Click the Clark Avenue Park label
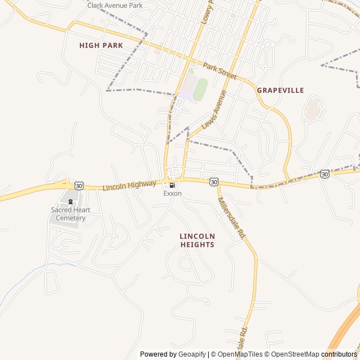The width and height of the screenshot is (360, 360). click(x=115, y=5)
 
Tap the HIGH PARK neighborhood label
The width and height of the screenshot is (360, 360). click(x=101, y=45)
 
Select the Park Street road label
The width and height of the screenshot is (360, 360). click(x=220, y=71)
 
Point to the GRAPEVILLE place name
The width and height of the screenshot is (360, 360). click(x=280, y=90)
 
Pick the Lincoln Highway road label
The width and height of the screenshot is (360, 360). click(x=129, y=185)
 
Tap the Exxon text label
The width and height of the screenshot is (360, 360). click(x=172, y=193)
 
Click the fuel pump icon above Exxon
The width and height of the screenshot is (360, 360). click(x=172, y=185)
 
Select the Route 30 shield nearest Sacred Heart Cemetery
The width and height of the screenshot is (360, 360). click(x=79, y=186)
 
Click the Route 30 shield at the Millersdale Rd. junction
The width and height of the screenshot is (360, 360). click(x=214, y=182)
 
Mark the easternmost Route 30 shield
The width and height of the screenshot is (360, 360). click(x=325, y=174)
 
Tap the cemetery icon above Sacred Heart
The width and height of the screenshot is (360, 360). click(x=70, y=201)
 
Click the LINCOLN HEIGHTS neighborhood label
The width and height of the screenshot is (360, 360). click(x=197, y=240)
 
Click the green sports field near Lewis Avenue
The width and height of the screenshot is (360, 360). click(x=200, y=89)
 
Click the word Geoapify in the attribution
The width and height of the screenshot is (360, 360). click(x=192, y=354)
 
